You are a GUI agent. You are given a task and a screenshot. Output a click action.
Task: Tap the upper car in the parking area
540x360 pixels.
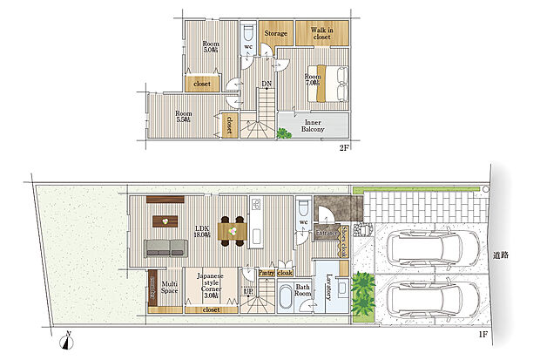(x=433, y=248)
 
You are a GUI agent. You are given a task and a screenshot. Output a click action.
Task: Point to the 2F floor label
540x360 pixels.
(x=344, y=148)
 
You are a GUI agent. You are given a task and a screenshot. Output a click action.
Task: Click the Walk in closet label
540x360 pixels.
(x=321, y=34)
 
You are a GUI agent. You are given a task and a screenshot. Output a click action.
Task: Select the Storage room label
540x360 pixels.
(x=276, y=35)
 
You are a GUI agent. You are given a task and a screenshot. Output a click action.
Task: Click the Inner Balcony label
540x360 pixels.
(x=313, y=126)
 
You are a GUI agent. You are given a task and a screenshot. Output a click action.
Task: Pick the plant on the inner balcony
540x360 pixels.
(x=284, y=132)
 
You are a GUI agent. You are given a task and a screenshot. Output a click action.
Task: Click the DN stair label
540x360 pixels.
(x=265, y=85)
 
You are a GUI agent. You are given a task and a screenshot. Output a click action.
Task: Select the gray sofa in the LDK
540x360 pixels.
(x=165, y=247)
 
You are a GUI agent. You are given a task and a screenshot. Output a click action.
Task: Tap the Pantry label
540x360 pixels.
(x=267, y=272)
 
